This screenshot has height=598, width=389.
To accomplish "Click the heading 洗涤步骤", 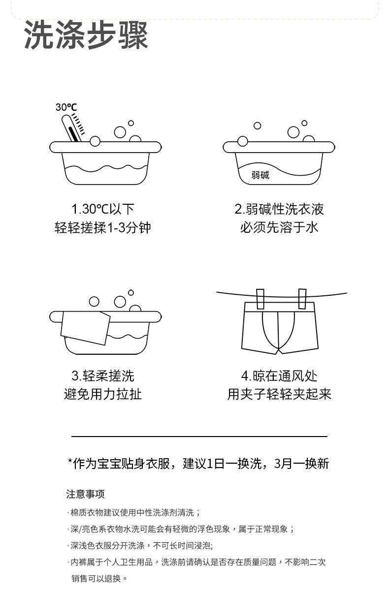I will point(86,35).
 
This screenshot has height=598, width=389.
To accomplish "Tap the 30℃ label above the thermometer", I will point(66,107).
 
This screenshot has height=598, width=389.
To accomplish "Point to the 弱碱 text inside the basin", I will point(260,175).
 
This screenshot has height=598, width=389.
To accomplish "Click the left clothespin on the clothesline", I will point(260,298).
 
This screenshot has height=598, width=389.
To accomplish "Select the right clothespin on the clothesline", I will point(302,298).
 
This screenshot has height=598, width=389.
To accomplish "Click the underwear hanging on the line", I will point(279,327).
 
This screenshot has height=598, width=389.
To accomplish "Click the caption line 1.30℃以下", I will point(103,209).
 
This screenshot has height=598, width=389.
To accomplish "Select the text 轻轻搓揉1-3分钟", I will point(103,227).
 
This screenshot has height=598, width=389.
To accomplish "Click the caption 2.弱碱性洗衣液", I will point(279,209).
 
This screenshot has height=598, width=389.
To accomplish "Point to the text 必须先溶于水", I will point(279,227).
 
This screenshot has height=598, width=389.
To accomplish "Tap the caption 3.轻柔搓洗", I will point(103,376).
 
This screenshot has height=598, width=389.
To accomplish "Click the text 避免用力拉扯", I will point(103,394).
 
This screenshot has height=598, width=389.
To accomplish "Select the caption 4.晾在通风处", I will point(279,376).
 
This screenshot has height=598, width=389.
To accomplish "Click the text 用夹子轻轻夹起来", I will point(279,394).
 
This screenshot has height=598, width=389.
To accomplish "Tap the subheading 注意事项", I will point(86,494).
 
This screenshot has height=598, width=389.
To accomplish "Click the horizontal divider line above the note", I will point(199,437).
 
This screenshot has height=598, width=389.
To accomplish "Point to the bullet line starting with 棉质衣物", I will point(134,512).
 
